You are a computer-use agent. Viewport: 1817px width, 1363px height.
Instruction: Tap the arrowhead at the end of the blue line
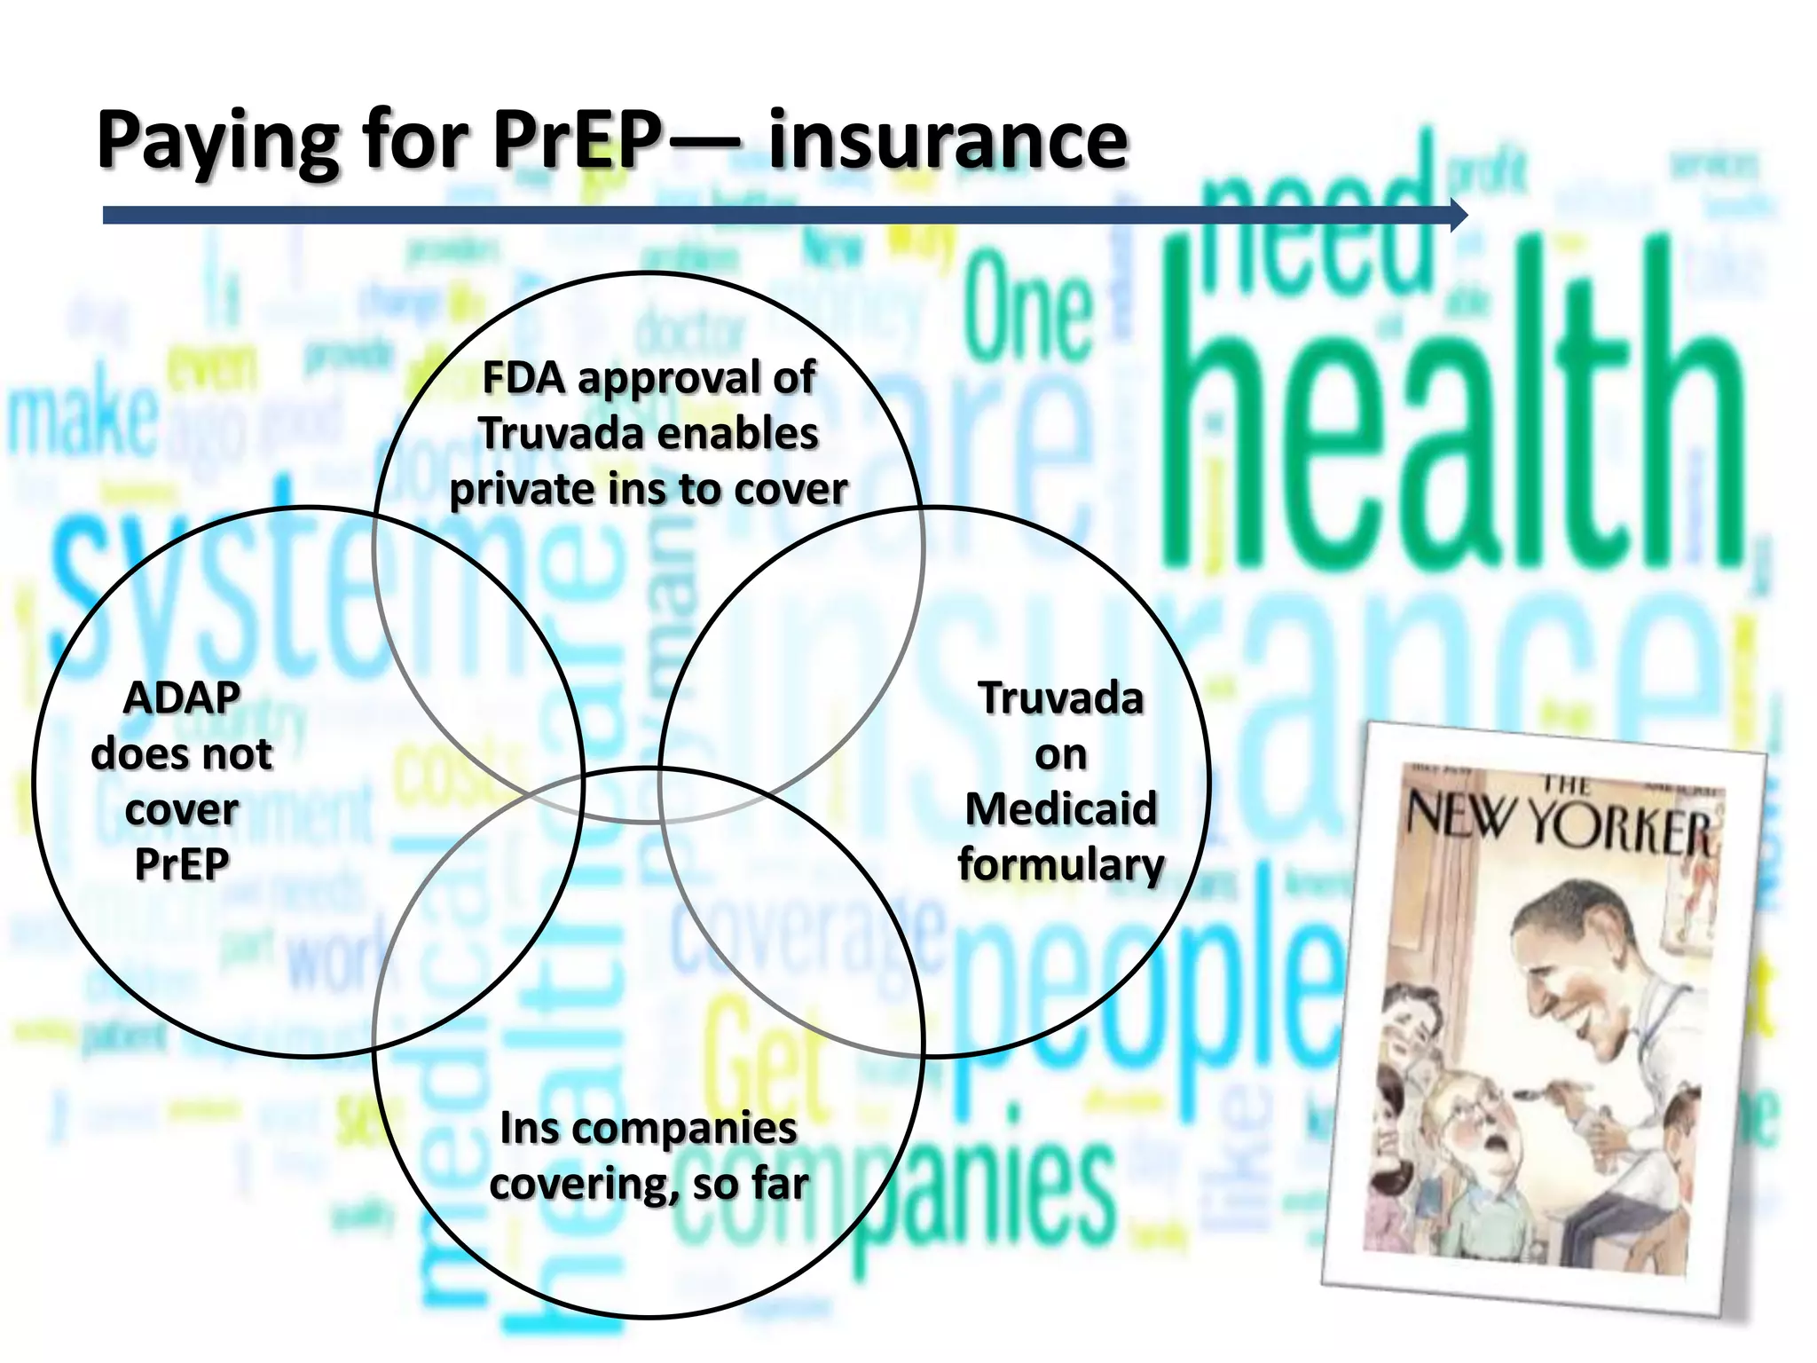[1459, 215]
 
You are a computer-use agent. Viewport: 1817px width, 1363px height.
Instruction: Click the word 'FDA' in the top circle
[523, 378]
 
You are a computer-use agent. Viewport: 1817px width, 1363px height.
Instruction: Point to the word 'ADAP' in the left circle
[182, 697]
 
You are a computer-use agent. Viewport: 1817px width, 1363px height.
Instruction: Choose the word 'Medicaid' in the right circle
[1061, 809]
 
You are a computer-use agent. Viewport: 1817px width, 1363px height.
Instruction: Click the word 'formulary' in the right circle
[1061, 864]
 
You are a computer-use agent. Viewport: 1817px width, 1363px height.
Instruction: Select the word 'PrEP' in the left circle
[182, 864]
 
